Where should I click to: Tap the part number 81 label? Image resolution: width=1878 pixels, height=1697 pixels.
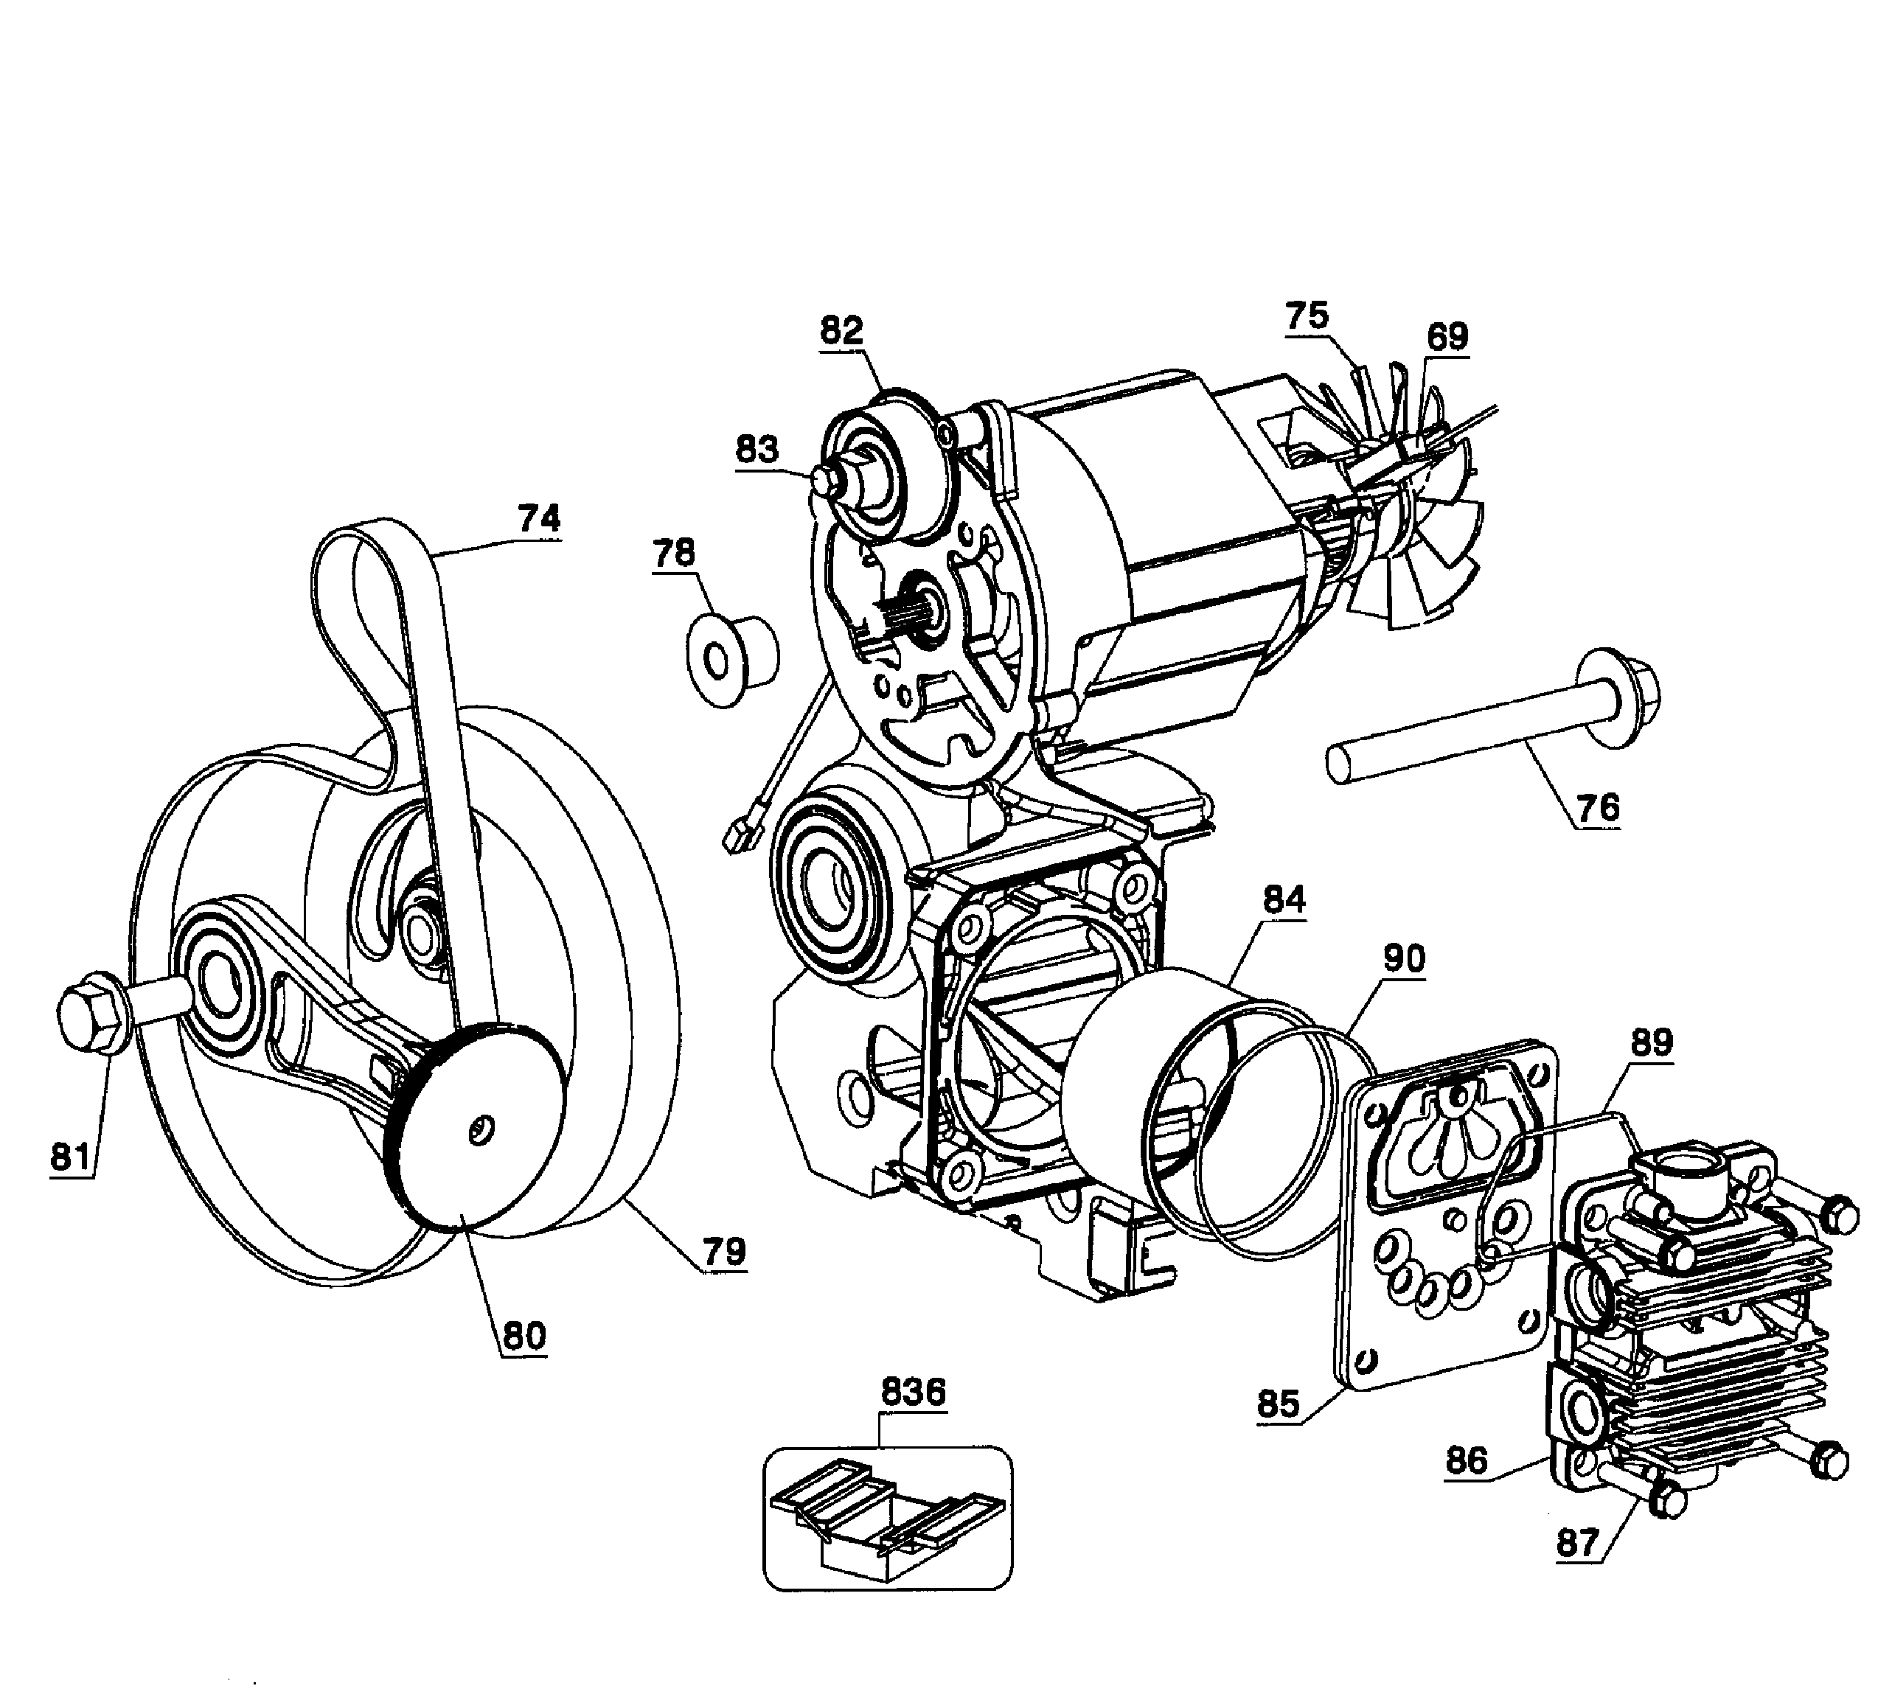pyautogui.click(x=71, y=1157)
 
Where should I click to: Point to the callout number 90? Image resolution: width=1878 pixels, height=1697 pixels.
pyautogui.click(x=1403, y=959)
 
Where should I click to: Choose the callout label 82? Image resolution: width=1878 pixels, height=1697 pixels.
pyautogui.click(x=841, y=331)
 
